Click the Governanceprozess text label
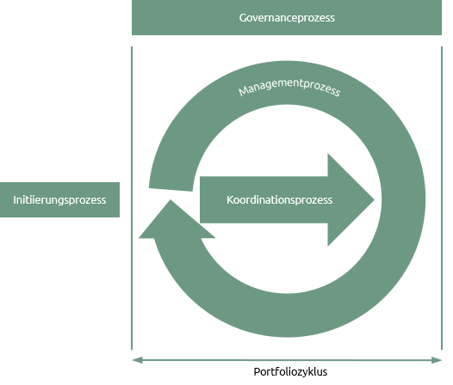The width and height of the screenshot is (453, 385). tap(287, 18)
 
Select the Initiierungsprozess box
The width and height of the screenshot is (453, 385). tap(59, 199)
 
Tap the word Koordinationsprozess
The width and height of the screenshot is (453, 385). tap(279, 200)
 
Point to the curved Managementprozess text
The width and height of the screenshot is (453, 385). tap(289, 87)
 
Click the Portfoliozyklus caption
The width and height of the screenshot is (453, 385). tap(290, 372)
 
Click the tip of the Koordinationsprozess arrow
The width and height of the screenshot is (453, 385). tap(375, 199)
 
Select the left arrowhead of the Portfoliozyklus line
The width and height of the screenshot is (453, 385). tap(138, 360)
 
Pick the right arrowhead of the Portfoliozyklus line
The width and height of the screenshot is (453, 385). tap(437, 360)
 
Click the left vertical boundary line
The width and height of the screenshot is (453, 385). tap(132, 199)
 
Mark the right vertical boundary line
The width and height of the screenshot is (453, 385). tap(442, 199)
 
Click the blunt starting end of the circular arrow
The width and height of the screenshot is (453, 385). tap(171, 189)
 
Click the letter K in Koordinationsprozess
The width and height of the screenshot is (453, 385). tap(230, 199)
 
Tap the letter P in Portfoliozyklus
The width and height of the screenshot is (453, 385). tap(257, 371)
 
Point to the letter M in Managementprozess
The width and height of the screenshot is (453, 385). tap(243, 91)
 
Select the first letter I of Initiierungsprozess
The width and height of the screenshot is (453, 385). tap(15, 199)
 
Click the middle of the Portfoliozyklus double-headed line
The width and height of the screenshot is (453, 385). tap(287, 360)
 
